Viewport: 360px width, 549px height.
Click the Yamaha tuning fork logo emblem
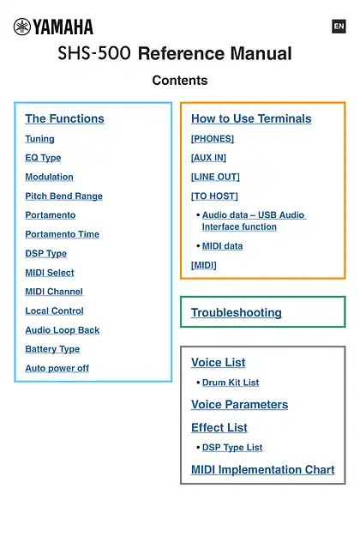tap(21, 27)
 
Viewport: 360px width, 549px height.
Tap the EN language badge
tap(339, 27)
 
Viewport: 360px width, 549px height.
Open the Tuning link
tap(40, 139)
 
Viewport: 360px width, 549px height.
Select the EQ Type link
tap(43, 158)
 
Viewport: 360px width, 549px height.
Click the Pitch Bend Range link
tap(64, 196)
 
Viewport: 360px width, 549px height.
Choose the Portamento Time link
tap(63, 234)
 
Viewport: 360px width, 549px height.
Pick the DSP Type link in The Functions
tap(45, 254)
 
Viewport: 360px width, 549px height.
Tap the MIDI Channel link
tap(54, 292)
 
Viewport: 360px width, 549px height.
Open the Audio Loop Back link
tap(63, 330)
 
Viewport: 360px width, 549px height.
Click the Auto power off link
tap(57, 368)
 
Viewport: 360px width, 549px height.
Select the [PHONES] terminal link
tap(213, 139)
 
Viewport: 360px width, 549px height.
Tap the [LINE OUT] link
tap(215, 177)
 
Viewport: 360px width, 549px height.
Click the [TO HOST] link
tap(214, 196)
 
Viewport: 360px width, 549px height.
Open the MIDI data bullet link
tap(223, 246)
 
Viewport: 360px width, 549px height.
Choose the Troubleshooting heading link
tap(237, 312)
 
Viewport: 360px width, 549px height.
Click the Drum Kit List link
tap(231, 383)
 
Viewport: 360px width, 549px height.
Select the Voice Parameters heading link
tap(240, 404)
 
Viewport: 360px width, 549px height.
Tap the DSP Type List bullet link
tap(232, 448)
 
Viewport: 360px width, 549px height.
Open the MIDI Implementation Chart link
tap(263, 469)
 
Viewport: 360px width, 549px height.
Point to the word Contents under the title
tap(180, 80)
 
